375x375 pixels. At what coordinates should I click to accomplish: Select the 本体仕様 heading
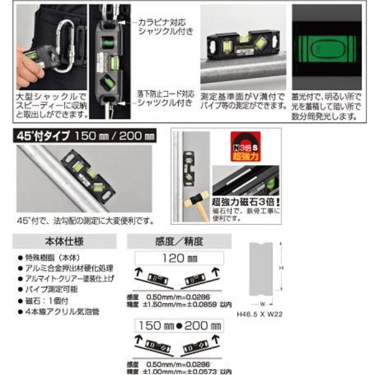(x=64, y=241)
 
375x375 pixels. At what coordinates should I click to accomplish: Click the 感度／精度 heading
(x=179, y=241)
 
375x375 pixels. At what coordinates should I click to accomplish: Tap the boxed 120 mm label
(x=179, y=258)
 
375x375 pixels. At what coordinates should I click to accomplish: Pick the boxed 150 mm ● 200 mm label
(x=179, y=326)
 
